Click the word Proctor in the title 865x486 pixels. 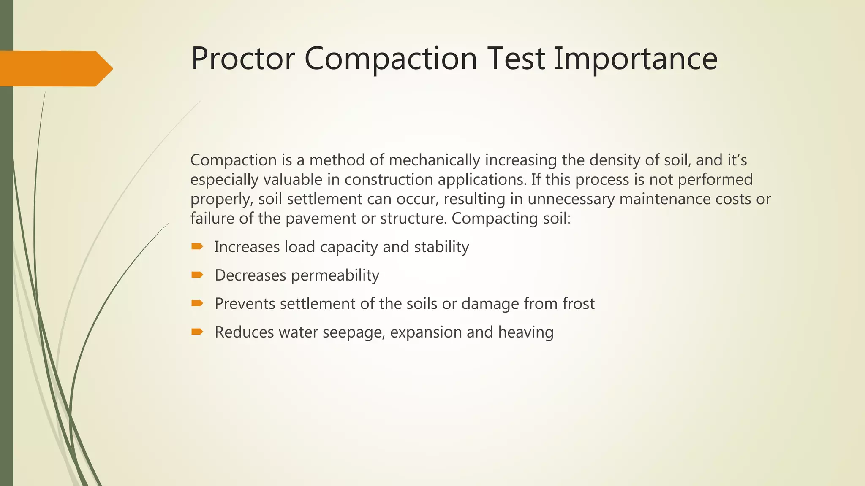[x=242, y=59]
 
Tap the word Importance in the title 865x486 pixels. [x=636, y=59]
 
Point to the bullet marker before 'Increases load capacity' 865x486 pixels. [x=197, y=246]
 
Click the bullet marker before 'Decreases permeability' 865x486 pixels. [x=197, y=275]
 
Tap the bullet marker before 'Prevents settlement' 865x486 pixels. [x=197, y=303]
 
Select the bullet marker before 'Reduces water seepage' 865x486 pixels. [x=197, y=332]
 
